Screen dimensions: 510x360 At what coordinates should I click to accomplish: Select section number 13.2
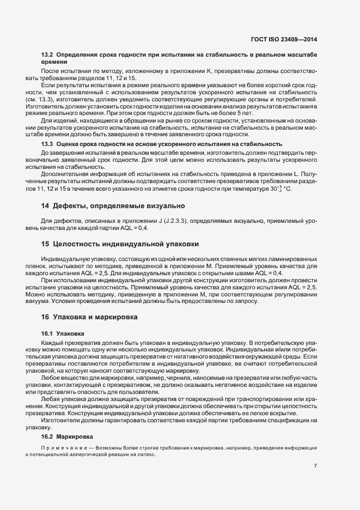47,56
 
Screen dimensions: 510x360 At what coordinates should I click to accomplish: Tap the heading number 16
46,317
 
